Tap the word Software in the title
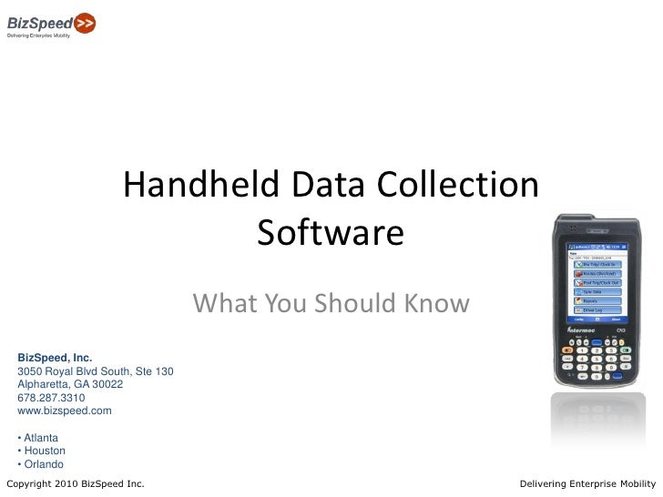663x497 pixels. click(x=330, y=233)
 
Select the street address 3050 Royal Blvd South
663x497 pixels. click(x=76, y=371)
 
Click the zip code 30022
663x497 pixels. click(x=105, y=384)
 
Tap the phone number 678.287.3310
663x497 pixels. click(x=52, y=398)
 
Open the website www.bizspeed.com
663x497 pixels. click(x=65, y=411)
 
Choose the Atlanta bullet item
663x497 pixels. click(x=41, y=437)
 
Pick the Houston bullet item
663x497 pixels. click(x=44, y=450)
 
